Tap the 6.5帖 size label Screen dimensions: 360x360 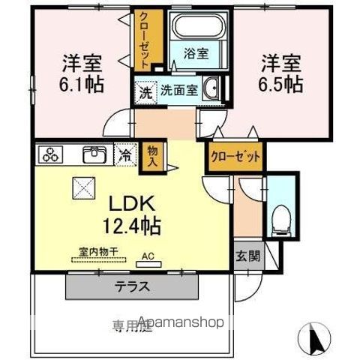[281, 82]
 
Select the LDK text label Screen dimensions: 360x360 [133, 204]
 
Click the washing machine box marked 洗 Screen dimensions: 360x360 [143, 91]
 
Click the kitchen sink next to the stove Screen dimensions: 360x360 [94, 155]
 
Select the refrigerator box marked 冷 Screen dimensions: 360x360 [125, 156]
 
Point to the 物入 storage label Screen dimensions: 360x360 [154, 155]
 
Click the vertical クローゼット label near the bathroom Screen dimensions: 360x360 [143, 40]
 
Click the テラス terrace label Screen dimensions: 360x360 [132, 286]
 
